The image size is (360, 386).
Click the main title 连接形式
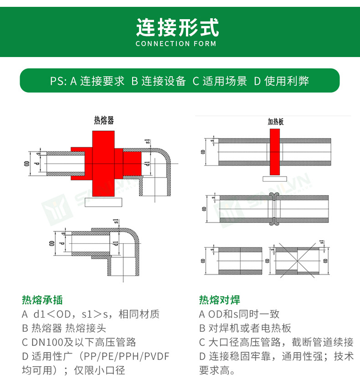[x=177, y=27]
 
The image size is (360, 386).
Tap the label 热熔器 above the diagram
[x=103, y=120]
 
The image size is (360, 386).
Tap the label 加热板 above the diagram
[x=275, y=122]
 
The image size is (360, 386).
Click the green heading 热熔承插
[x=42, y=300]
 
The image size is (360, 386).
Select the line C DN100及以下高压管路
[x=79, y=342]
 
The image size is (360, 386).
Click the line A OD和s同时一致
[x=239, y=314]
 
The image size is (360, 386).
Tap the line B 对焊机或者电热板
[x=245, y=328]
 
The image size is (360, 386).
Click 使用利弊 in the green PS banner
[x=281, y=81]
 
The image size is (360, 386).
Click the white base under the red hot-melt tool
[x=103, y=203]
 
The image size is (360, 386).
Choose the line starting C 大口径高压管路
[x=276, y=342]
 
